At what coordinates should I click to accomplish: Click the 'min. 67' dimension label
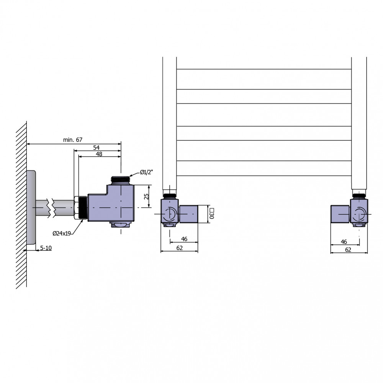tap(73, 140)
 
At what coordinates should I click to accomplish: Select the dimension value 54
tap(96, 147)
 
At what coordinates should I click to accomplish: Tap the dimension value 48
tap(99, 154)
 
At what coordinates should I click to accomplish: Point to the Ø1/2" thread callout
tap(146, 172)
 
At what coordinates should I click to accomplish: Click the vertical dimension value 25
tap(146, 196)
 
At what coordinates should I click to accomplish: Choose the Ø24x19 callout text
tap(62, 234)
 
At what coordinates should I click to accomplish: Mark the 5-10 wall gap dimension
tap(46, 248)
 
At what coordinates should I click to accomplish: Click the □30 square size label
tap(211, 213)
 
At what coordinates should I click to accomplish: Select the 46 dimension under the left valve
tap(184, 239)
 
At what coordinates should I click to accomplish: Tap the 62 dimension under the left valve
tap(180, 248)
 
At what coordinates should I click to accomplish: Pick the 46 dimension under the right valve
tap(344, 242)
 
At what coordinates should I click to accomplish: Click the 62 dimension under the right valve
tap(348, 250)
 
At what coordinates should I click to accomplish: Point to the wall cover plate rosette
tap(31, 207)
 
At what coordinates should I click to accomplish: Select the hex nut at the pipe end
tap(76, 208)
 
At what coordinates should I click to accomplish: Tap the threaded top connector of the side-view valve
tap(120, 180)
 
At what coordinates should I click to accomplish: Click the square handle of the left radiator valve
tap(188, 214)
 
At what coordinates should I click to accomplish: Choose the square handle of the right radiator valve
tap(340, 214)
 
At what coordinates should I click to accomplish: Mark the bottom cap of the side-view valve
tap(121, 224)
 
